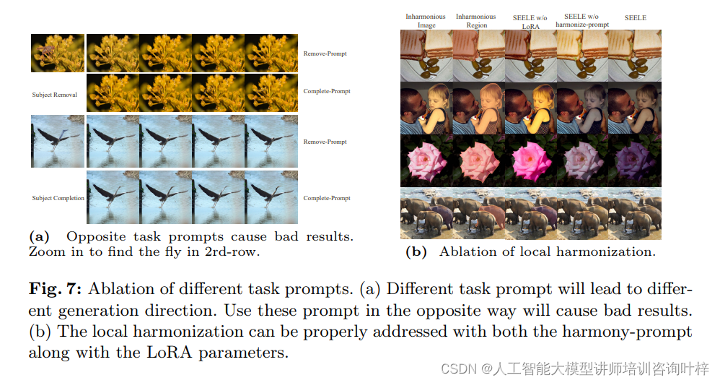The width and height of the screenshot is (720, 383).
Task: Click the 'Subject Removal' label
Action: pos(55,95)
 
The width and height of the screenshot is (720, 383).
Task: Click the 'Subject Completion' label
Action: pos(58,198)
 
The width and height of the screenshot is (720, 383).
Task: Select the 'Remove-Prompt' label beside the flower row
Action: pos(325,53)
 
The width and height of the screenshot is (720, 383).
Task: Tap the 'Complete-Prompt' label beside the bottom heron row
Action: pos(327,198)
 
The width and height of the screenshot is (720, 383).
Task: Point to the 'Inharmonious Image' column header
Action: pos(426,20)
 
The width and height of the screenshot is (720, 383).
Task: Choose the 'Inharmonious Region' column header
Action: pos(476,20)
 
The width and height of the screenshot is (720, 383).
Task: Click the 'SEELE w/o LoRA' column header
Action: pos(530,20)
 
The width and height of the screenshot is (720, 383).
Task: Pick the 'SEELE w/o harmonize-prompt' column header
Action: pos(582,20)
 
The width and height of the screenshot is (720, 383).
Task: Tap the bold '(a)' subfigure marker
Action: pos(39,236)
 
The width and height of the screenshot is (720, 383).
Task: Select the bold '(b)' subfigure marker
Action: pos(416,251)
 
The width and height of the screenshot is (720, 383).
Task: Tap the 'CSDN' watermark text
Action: pos(455,369)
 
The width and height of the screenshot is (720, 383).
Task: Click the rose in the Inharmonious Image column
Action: pos(426,161)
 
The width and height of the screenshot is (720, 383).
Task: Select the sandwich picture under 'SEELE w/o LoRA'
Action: pos(530,56)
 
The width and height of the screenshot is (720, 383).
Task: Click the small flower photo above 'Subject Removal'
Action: pos(58,52)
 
